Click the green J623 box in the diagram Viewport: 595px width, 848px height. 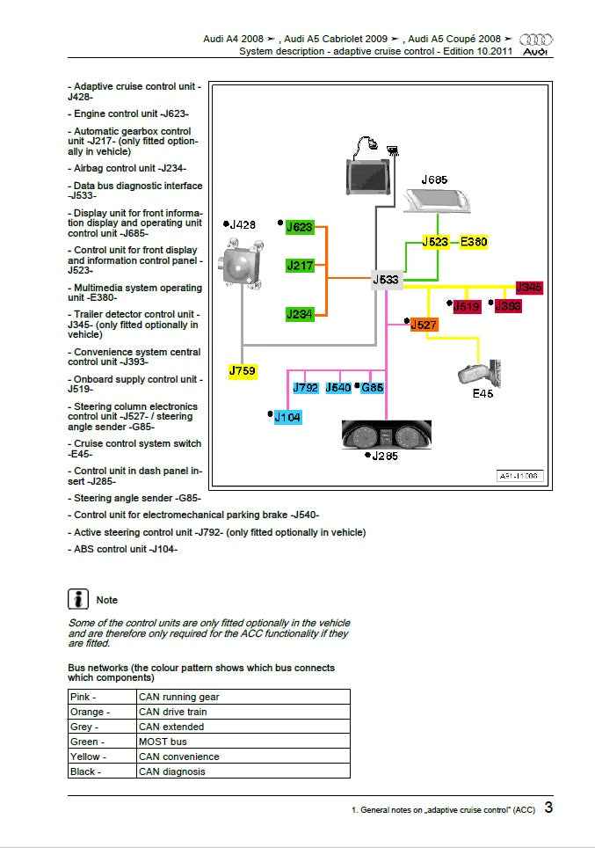300,227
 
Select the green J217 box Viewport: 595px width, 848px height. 300,265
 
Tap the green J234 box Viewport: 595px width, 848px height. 300,314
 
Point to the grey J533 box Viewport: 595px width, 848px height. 387,281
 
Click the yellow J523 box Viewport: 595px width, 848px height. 436,242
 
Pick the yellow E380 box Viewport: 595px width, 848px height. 474,242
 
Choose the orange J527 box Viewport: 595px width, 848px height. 424,325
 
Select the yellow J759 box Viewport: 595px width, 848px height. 243,371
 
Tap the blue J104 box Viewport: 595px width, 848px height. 287,418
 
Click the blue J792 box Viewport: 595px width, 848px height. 305,387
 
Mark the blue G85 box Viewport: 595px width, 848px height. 373,387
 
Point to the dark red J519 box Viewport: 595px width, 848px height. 466,306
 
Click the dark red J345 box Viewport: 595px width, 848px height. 529,288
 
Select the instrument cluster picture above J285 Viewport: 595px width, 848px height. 381,435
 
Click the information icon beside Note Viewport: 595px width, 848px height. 78,599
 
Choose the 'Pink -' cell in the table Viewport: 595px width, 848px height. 102,697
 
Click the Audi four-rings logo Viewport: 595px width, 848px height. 536,40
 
